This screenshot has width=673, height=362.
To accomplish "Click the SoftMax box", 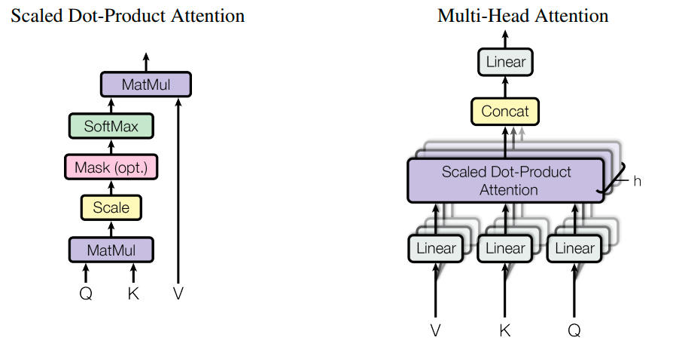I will click(x=111, y=126).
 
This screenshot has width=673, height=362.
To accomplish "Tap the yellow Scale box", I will click(x=111, y=207).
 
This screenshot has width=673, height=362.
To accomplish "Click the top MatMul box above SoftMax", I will click(x=146, y=84).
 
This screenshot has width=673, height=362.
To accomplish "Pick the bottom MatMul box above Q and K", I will click(x=111, y=250).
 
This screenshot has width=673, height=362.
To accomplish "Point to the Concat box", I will click(x=505, y=112).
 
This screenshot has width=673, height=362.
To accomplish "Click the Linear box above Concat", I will click(x=505, y=62).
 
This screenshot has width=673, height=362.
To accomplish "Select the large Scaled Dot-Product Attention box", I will click(x=506, y=180).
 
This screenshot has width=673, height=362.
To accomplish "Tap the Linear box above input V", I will click(x=436, y=248).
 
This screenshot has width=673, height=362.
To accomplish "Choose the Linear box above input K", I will click(x=505, y=248).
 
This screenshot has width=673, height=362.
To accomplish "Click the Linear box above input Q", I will click(x=574, y=248).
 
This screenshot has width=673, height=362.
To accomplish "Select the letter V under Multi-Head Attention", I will click(x=436, y=330).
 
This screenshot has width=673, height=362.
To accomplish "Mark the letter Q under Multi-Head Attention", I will click(x=574, y=330).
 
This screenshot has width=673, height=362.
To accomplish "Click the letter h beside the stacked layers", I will click(x=637, y=181).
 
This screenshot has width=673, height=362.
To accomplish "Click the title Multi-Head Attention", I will click(x=522, y=15).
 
